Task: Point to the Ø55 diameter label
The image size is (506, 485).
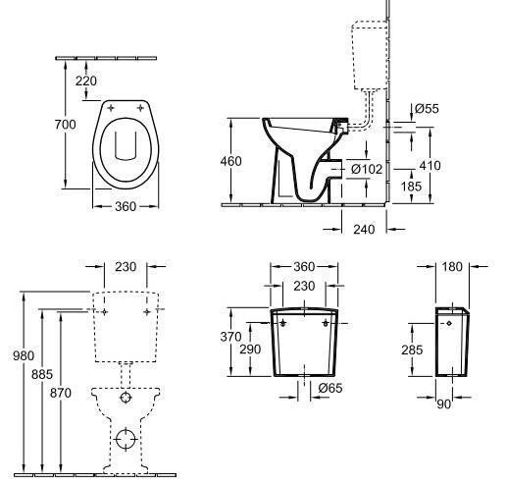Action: [x=426, y=109]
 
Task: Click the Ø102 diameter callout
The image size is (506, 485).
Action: [x=366, y=169]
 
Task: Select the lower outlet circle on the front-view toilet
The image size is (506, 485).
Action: [x=125, y=438]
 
